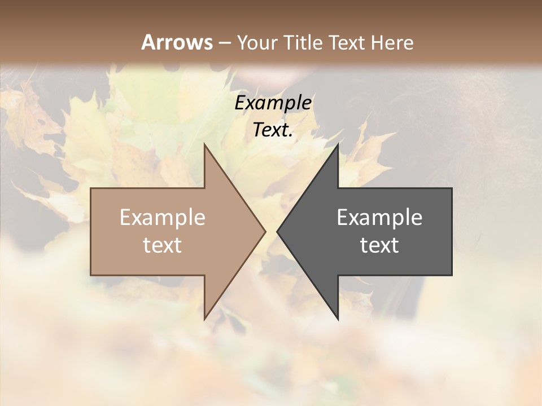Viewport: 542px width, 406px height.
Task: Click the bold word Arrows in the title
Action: tap(177, 42)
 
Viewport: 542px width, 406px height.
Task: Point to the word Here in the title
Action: tap(394, 42)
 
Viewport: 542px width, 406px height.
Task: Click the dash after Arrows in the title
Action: tap(225, 43)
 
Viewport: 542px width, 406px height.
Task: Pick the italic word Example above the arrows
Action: tap(273, 103)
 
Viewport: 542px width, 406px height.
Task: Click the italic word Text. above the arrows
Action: tap(273, 130)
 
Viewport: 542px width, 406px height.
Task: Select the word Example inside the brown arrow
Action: tap(163, 217)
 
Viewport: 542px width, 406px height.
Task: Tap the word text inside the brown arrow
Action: tap(163, 245)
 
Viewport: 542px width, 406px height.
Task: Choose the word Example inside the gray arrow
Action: tap(379, 217)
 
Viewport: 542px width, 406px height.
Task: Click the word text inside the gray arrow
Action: tap(379, 245)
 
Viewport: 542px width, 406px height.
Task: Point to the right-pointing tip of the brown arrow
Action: tap(265, 231)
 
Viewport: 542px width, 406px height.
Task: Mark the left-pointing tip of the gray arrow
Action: tap(277, 231)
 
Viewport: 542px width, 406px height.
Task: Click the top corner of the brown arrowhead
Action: tap(204, 144)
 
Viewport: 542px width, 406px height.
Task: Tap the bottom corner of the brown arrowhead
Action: tap(204, 319)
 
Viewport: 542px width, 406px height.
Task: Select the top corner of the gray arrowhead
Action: tap(338, 144)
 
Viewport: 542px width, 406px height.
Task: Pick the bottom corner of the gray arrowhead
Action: tap(338, 319)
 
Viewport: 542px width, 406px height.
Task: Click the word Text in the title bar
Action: tap(346, 42)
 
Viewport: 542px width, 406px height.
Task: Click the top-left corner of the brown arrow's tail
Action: tap(91, 188)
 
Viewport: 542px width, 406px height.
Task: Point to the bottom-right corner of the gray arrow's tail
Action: tap(452, 275)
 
